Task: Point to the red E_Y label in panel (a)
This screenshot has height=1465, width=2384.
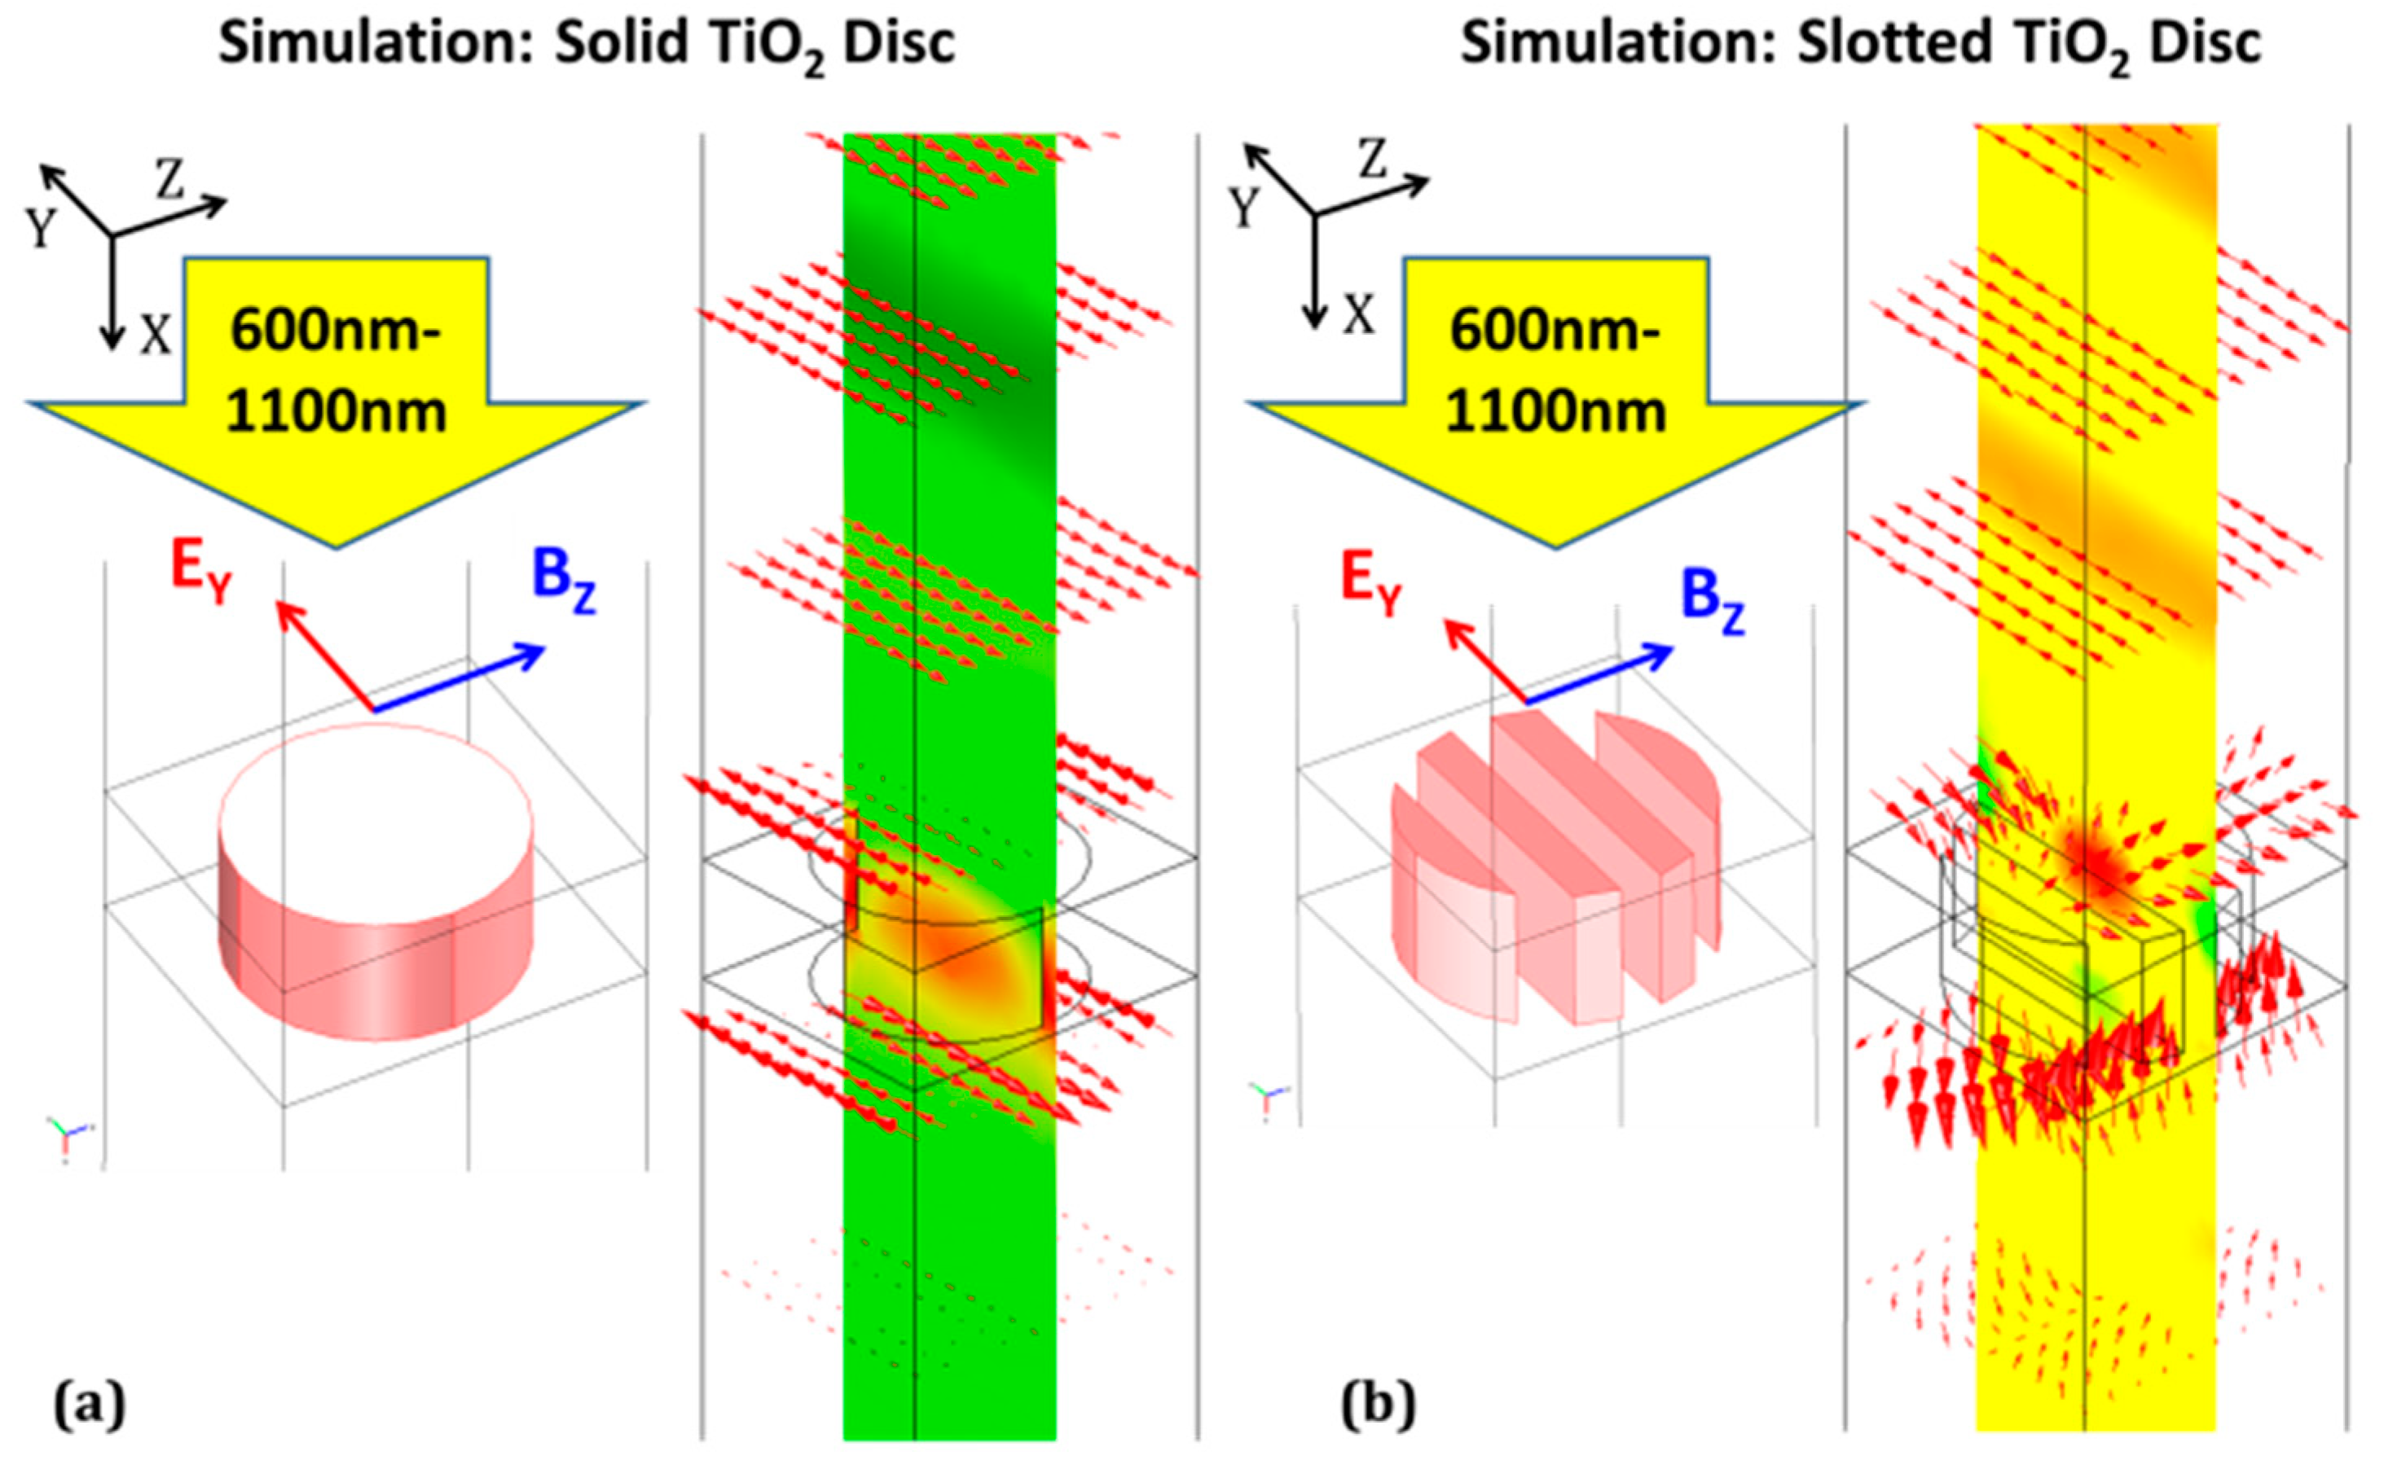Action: (201, 572)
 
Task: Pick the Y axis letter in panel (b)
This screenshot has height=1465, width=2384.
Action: (1244, 206)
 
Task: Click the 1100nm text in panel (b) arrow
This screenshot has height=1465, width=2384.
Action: (1555, 412)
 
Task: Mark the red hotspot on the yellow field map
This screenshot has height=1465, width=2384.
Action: (2093, 862)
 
